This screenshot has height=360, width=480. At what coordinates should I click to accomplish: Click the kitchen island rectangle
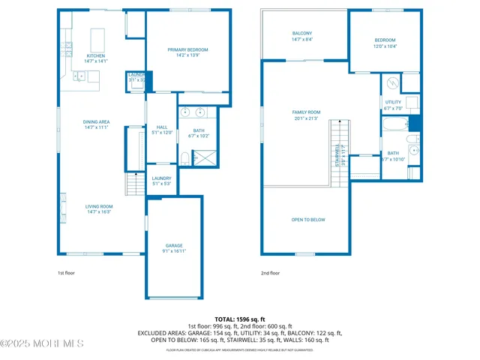pos(98,38)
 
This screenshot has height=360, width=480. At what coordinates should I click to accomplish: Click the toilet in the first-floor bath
pos(184,157)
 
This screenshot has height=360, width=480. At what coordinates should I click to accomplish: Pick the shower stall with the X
pos(202,157)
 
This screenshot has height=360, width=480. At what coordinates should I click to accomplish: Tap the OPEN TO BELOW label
pos(308,220)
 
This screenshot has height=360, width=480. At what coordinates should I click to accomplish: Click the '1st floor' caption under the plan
pos(66,274)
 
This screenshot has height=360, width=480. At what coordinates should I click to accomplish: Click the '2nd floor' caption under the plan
pos(270,274)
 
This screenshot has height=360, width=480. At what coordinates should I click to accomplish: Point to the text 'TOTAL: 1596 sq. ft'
pos(240,319)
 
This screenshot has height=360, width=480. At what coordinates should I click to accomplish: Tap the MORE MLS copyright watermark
pos(42,343)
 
